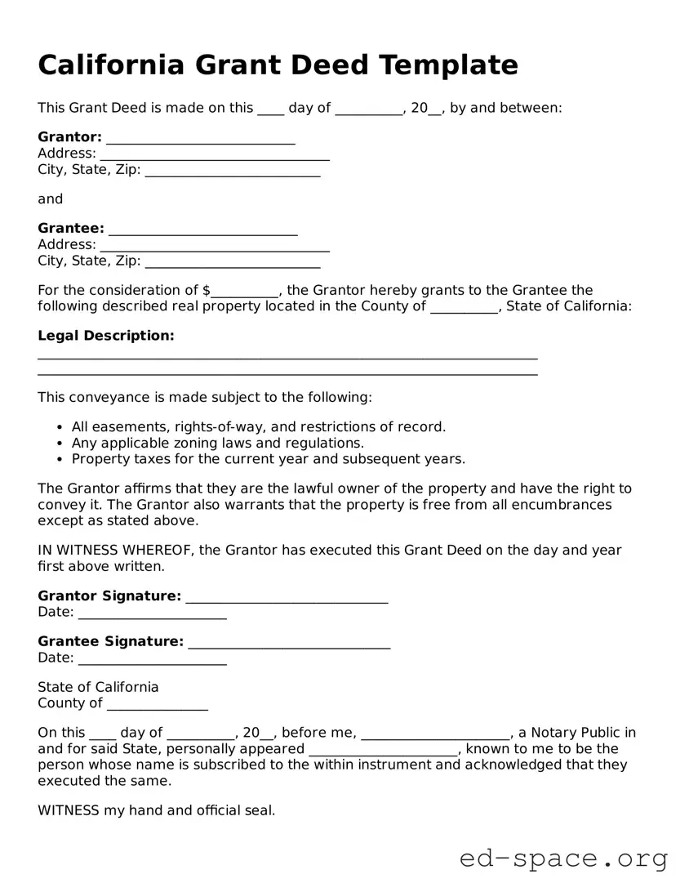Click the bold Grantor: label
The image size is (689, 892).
[69, 136]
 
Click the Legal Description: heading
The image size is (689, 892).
[106, 336]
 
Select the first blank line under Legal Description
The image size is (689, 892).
[287, 356]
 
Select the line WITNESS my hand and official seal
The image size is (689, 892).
[157, 810]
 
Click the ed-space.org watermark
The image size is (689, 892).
[563, 859]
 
